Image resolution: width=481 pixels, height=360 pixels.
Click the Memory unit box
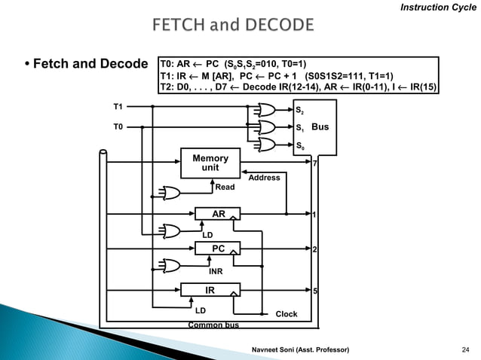click(x=210, y=163)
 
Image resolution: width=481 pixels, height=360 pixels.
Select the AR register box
click(x=218, y=214)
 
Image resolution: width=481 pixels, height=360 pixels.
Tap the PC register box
click(x=218, y=247)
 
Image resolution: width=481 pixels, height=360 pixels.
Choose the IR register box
click(x=210, y=289)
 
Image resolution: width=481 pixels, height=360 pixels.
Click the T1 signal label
click(x=118, y=107)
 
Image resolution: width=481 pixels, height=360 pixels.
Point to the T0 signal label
click(x=118, y=127)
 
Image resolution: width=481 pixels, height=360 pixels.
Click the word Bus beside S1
click(x=320, y=127)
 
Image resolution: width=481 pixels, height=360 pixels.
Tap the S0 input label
click(x=299, y=145)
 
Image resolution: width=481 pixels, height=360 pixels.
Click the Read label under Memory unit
click(x=225, y=187)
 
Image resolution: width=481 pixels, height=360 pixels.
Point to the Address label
click(x=264, y=178)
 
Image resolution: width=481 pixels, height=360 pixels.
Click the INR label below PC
click(x=216, y=270)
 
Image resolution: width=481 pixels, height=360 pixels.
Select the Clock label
click(x=286, y=314)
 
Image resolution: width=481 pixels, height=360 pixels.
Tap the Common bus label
click(x=213, y=325)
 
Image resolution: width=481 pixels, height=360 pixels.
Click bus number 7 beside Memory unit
click(x=314, y=163)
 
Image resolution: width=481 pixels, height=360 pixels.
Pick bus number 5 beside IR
click(x=315, y=290)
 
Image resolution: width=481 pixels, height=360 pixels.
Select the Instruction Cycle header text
click(x=437, y=8)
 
